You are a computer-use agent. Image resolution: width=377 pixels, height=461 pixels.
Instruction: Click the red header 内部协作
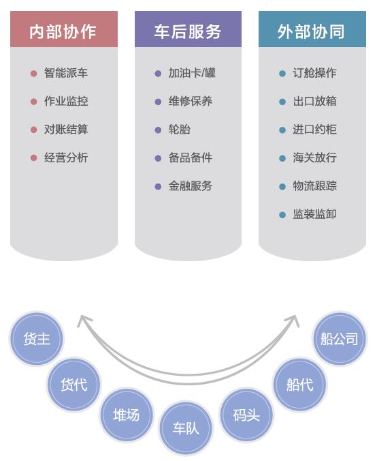tap(64, 29)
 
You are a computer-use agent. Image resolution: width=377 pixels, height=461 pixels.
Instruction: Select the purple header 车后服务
tap(188, 29)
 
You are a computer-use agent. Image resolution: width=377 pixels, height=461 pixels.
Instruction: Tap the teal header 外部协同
tap(312, 29)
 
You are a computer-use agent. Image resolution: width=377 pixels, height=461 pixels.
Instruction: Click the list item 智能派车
tap(66, 73)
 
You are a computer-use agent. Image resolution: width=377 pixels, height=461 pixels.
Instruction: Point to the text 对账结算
tap(66, 130)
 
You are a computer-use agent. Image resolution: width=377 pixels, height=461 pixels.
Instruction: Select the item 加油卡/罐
tap(192, 73)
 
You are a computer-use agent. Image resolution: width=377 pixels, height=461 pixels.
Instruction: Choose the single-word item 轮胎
tap(179, 130)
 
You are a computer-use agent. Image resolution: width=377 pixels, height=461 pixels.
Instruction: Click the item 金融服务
tap(191, 185)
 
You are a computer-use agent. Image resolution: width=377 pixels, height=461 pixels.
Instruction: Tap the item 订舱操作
tap(314, 73)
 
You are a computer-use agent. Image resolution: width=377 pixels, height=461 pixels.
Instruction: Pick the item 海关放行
tap(314, 158)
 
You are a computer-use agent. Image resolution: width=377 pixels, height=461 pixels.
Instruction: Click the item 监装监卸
tap(314, 214)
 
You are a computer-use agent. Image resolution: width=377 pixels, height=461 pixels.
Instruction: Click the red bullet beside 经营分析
tap(34, 158)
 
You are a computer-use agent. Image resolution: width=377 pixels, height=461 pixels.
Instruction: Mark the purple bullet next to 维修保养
tap(158, 102)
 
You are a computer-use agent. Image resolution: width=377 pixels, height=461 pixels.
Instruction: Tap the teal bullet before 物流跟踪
tap(282, 186)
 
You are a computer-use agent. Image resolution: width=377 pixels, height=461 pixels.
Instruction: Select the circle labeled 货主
tap(37, 339)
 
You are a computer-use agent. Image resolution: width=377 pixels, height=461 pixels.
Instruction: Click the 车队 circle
tap(186, 428)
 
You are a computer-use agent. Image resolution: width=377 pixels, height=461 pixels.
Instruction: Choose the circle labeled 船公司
tap(340, 339)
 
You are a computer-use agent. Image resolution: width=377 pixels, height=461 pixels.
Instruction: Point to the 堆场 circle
tap(127, 415)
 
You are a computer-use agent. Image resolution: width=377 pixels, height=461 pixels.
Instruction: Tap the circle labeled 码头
tap(246, 415)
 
